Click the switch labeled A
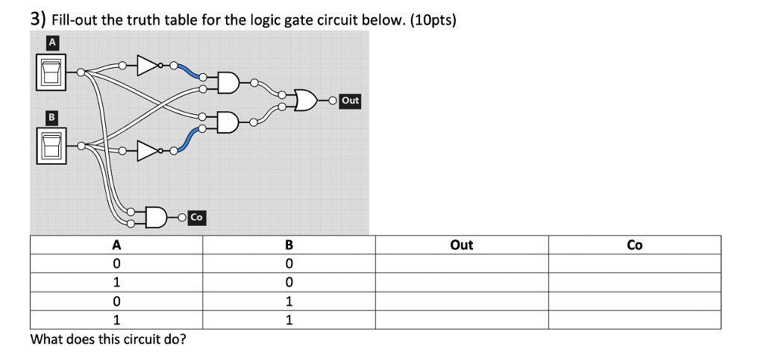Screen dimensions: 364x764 coord(51,72)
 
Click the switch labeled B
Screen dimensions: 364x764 coord(51,144)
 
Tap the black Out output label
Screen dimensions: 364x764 coord(350,100)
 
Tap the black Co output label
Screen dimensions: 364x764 coord(196,217)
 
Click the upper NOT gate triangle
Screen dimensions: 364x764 coord(148,66)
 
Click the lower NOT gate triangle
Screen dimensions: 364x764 coord(148,151)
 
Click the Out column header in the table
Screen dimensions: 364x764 coord(462,245)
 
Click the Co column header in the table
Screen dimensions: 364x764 coord(635,245)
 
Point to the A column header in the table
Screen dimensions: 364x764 coord(116,245)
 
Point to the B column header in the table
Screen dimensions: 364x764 coord(289,245)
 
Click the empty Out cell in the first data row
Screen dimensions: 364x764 coord(462,263)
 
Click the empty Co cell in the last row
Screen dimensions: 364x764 coord(635,320)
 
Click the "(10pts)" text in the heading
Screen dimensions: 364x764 coord(430,19)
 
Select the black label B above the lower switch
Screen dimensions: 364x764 coord(51,117)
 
